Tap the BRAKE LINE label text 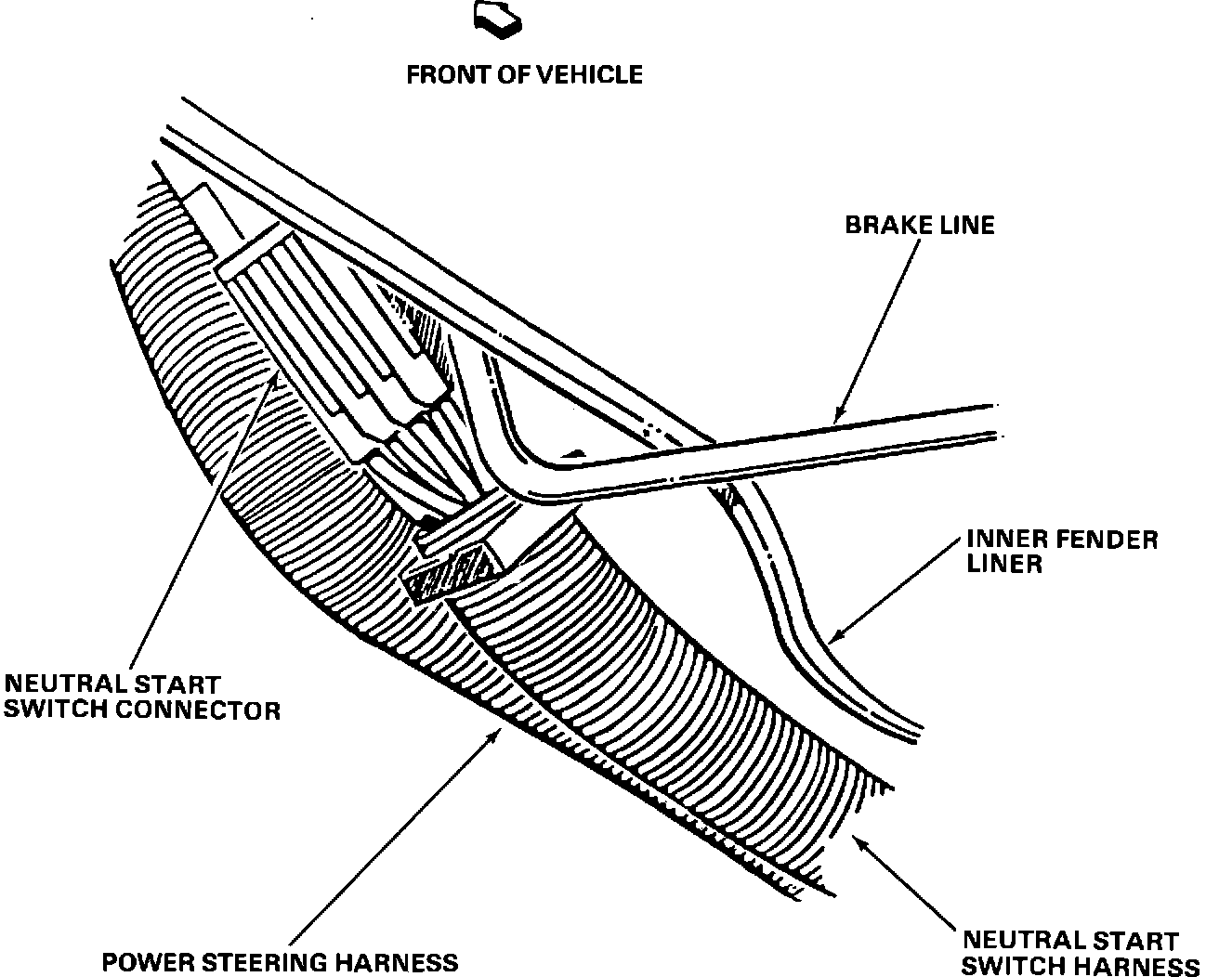pyautogui.click(x=919, y=225)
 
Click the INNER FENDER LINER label pyautogui.click(x=1062, y=552)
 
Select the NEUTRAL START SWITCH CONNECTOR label pyautogui.click(x=141, y=697)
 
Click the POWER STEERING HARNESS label pyautogui.click(x=280, y=962)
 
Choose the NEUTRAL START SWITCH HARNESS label pyautogui.click(x=1078, y=954)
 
